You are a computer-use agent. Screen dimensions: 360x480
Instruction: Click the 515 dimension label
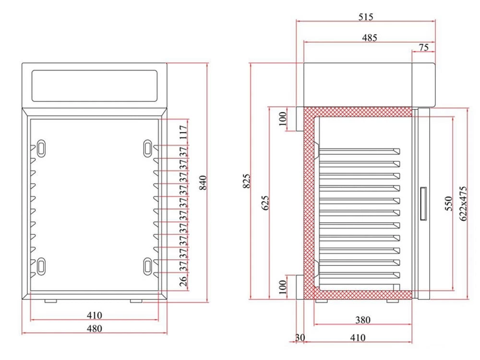[365, 17]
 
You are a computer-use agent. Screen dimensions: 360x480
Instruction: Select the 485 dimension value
[369, 37]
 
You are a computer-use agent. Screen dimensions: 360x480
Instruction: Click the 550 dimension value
[448, 204]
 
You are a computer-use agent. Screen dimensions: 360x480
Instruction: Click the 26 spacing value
[183, 281]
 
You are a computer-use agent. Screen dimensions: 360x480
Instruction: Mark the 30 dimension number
[300, 338]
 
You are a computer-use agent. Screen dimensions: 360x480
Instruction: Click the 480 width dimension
[95, 329]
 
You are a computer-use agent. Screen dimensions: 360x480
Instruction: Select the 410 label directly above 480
[95, 315]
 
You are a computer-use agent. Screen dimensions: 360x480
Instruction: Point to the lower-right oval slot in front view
[148, 265]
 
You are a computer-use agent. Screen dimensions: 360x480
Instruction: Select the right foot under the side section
[393, 300]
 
